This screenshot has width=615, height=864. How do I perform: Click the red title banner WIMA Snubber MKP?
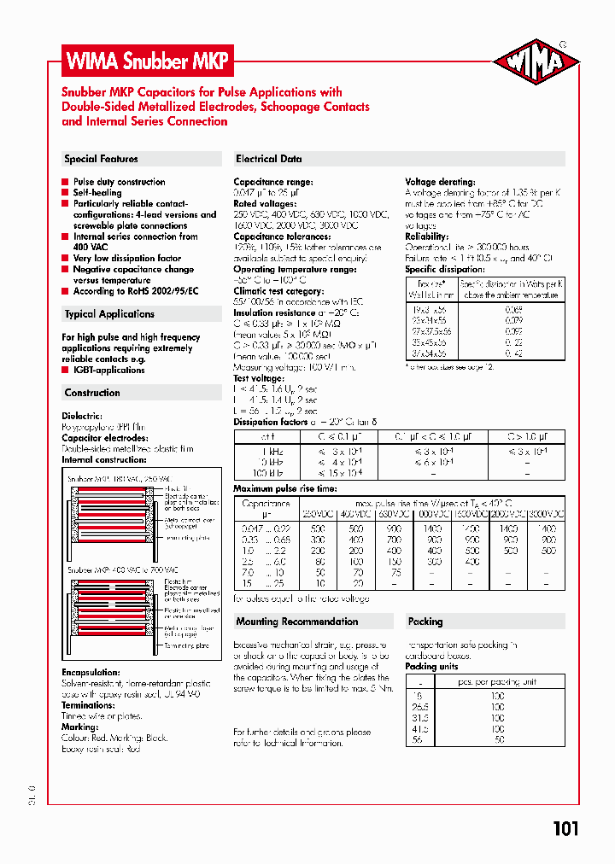pyautogui.click(x=148, y=61)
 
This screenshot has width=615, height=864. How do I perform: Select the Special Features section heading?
pyautogui.click(x=101, y=159)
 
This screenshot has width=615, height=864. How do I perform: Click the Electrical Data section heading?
pyautogui.click(x=268, y=159)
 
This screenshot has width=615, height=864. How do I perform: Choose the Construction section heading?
pyautogui.click(x=92, y=393)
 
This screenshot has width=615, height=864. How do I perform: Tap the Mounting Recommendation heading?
pyautogui.click(x=296, y=622)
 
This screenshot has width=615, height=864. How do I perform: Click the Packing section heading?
pyautogui.click(x=425, y=622)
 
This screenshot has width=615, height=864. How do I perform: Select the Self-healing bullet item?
pyautogui.click(x=97, y=193)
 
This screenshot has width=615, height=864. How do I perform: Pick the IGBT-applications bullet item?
pyautogui.click(x=109, y=370)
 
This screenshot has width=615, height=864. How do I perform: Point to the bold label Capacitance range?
pyautogui.click(x=273, y=182)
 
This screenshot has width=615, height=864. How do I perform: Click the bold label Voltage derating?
pyautogui.click(x=440, y=182)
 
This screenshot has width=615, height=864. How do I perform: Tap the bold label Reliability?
pyautogui.click(x=426, y=236)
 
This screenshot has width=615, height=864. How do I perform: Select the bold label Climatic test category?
pyautogui.click(x=278, y=291)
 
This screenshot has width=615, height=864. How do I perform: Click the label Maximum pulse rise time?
pyautogui.click(x=285, y=489)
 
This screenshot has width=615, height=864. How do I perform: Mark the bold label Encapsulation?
pyautogui.click(x=91, y=673)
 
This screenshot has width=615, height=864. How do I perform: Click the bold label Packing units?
pyautogui.click(x=431, y=666)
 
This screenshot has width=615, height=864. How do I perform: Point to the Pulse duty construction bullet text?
pyautogui.click(x=120, y=182)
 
